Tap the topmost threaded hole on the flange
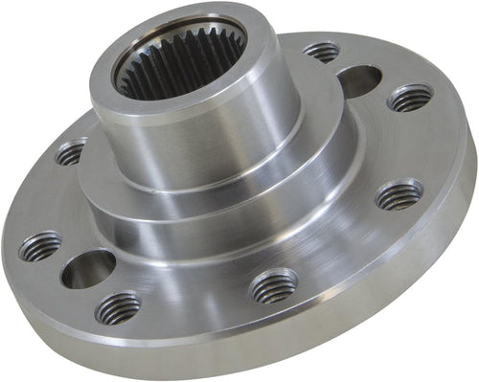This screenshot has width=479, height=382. click(322, 51)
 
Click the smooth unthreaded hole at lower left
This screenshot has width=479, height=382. click(88, 269)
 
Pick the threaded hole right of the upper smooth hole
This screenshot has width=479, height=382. click(410, 97)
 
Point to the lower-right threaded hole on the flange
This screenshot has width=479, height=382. click(399, 195)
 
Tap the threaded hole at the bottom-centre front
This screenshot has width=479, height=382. click(273, 286)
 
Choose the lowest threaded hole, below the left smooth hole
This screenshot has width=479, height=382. click(118, 307)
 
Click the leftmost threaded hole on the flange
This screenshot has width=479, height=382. click(39, 247)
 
